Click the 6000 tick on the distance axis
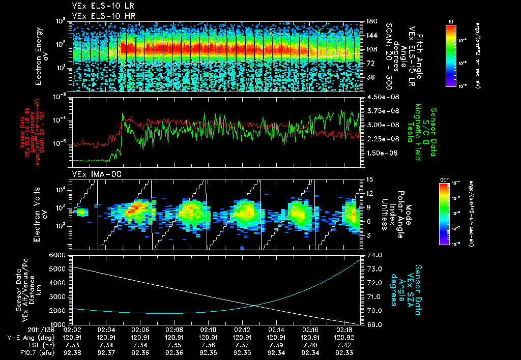click(60, 254)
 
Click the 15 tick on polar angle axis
click(368, 179)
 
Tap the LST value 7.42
click(345, 344)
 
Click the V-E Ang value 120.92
click(345, 337)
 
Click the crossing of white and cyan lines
click(255, 305)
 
